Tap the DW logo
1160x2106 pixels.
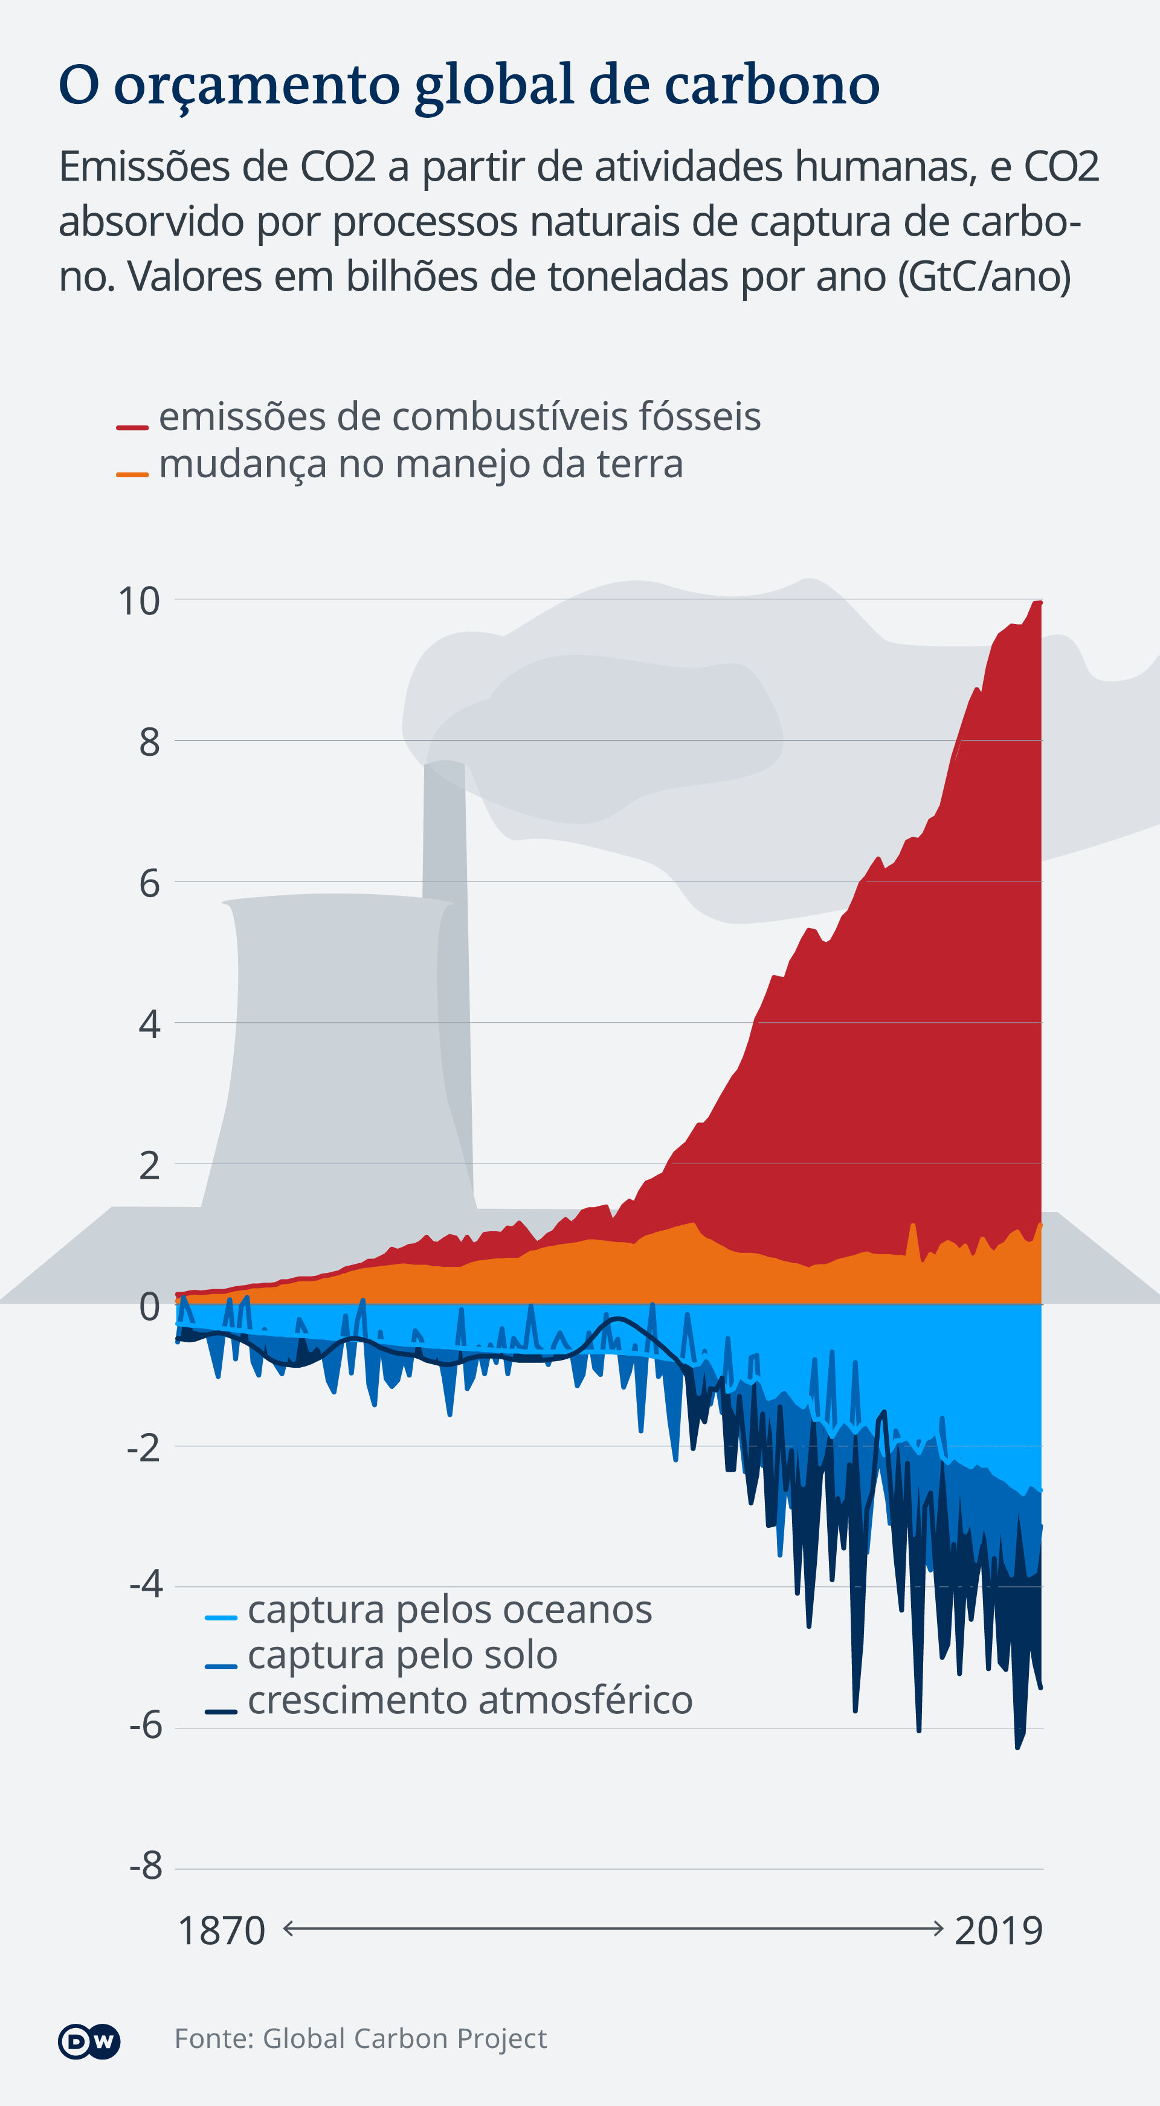coord(89,2041)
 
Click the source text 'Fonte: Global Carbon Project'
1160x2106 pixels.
coord(361,2039)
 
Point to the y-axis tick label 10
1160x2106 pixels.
coord(139,601)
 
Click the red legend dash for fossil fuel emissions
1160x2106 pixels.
coord(132,427)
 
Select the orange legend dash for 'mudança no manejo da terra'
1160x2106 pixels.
coord(132,474)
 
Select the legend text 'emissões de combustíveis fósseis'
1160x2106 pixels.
coord(459,417)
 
